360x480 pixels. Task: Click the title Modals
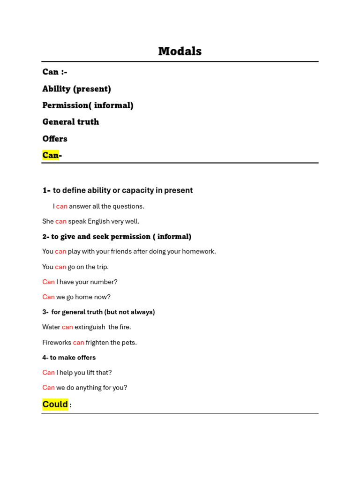click(x=180, y=52)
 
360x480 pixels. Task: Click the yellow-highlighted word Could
click(x=55, y=404)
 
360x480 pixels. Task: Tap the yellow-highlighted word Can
click(x=50, y=155)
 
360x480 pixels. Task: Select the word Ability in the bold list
click(x=56, y=89)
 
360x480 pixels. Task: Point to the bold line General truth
click(x=70, y=122)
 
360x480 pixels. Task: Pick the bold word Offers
click(x=55, y=139)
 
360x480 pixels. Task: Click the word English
click(x=98, y=221)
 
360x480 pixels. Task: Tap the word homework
click(x=198, y=252)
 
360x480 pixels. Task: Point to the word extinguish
click(x=90, y=327)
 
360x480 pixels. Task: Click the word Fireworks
click(x=57, y=343)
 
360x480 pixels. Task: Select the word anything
click(x=83, y=388)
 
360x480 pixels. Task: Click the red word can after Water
click(x=67, y=327)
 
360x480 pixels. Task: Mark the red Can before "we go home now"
click(x=48, y=297)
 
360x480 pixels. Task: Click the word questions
click(x=128, y=206)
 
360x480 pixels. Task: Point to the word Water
click(x=51, y=327)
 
